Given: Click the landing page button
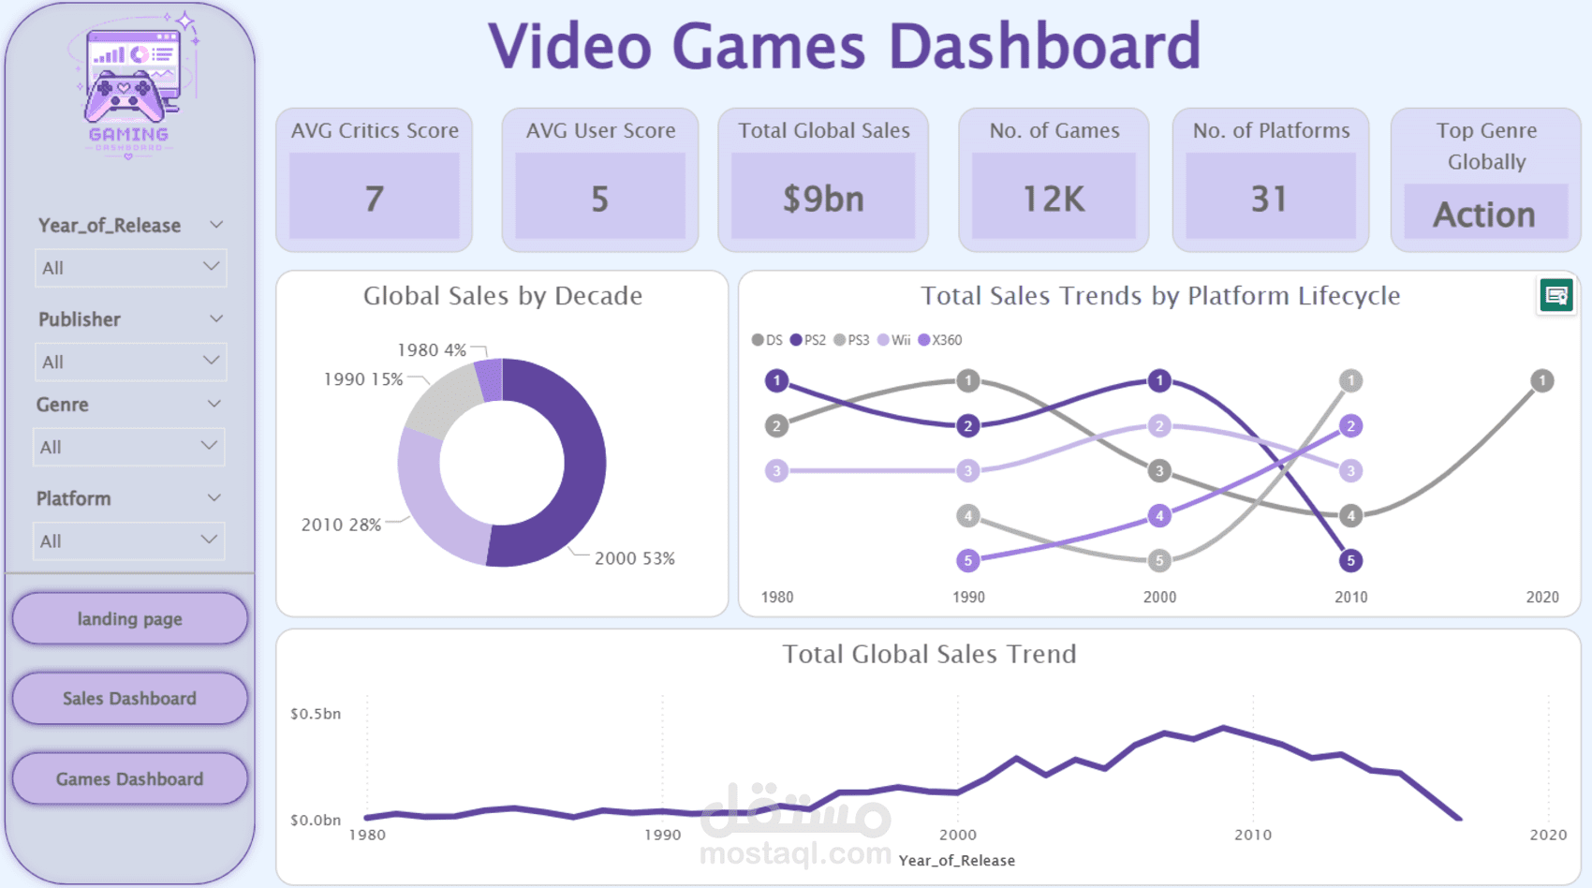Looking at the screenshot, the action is point(130,618).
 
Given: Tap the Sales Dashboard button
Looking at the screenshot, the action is point(130,698).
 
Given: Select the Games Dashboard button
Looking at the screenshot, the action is point(130,778).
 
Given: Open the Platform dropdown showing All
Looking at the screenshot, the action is point(129,541).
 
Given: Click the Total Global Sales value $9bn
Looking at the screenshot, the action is point(823,199).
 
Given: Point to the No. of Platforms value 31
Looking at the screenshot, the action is point(1269,200).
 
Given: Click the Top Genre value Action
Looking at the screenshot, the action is point(1484,214).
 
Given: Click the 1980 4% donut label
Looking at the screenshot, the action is point(432,349).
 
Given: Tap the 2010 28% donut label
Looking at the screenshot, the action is point(341,525).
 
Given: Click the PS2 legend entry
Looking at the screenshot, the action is point(808,340).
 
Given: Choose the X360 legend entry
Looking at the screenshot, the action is point(940,340).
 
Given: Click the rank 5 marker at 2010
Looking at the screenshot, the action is point(1351,560).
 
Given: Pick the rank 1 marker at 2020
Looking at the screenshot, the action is point(1542,380).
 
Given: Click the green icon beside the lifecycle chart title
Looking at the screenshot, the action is point(1556,295).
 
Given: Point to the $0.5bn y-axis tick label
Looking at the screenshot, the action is point(316,713).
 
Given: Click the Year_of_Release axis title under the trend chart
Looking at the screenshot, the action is point(957,860).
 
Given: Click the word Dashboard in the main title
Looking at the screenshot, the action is point(1045,46).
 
